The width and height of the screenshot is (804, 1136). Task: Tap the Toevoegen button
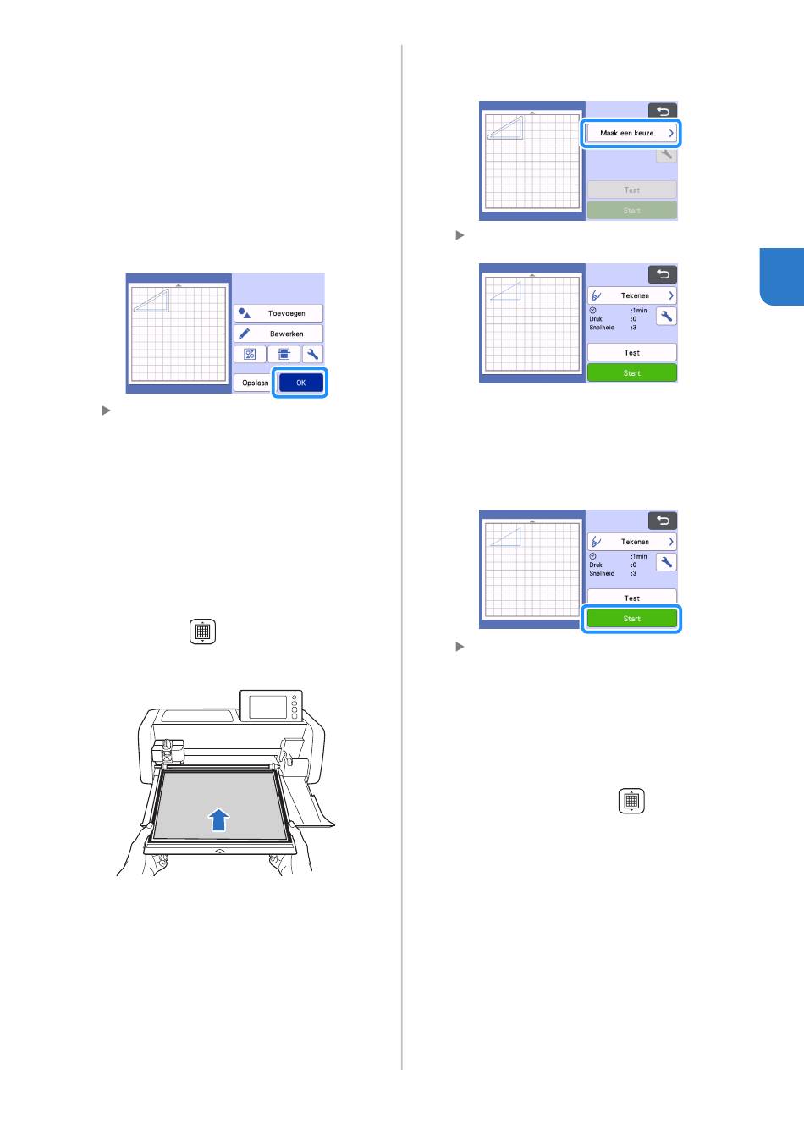(278, 313)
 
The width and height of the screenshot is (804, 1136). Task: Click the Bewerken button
(278, 334)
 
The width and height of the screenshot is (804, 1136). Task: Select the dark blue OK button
(300, 383)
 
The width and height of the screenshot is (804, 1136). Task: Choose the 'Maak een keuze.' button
(631, 133)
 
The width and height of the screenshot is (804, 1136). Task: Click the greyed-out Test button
(631, 190)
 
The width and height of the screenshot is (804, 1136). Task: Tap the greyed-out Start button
(631, 211)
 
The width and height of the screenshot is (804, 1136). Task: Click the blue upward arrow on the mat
(218, 819)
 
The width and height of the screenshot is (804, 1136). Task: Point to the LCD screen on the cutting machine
(268, 707)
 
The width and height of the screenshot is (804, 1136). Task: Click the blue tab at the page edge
(782, 277)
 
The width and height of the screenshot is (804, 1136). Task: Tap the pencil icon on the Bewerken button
(244, 334)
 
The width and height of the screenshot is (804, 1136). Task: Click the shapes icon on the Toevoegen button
(244, 313)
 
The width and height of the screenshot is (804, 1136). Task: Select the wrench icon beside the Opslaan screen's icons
(312, 354)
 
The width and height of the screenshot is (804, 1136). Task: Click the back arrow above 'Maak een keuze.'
(662, 111)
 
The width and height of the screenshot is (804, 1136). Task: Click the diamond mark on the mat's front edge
(219, 851)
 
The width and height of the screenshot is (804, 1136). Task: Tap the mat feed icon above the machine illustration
(203, 631)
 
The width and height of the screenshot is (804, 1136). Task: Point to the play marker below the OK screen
(107, 411)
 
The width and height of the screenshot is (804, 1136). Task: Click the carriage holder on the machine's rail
(168, 750)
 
